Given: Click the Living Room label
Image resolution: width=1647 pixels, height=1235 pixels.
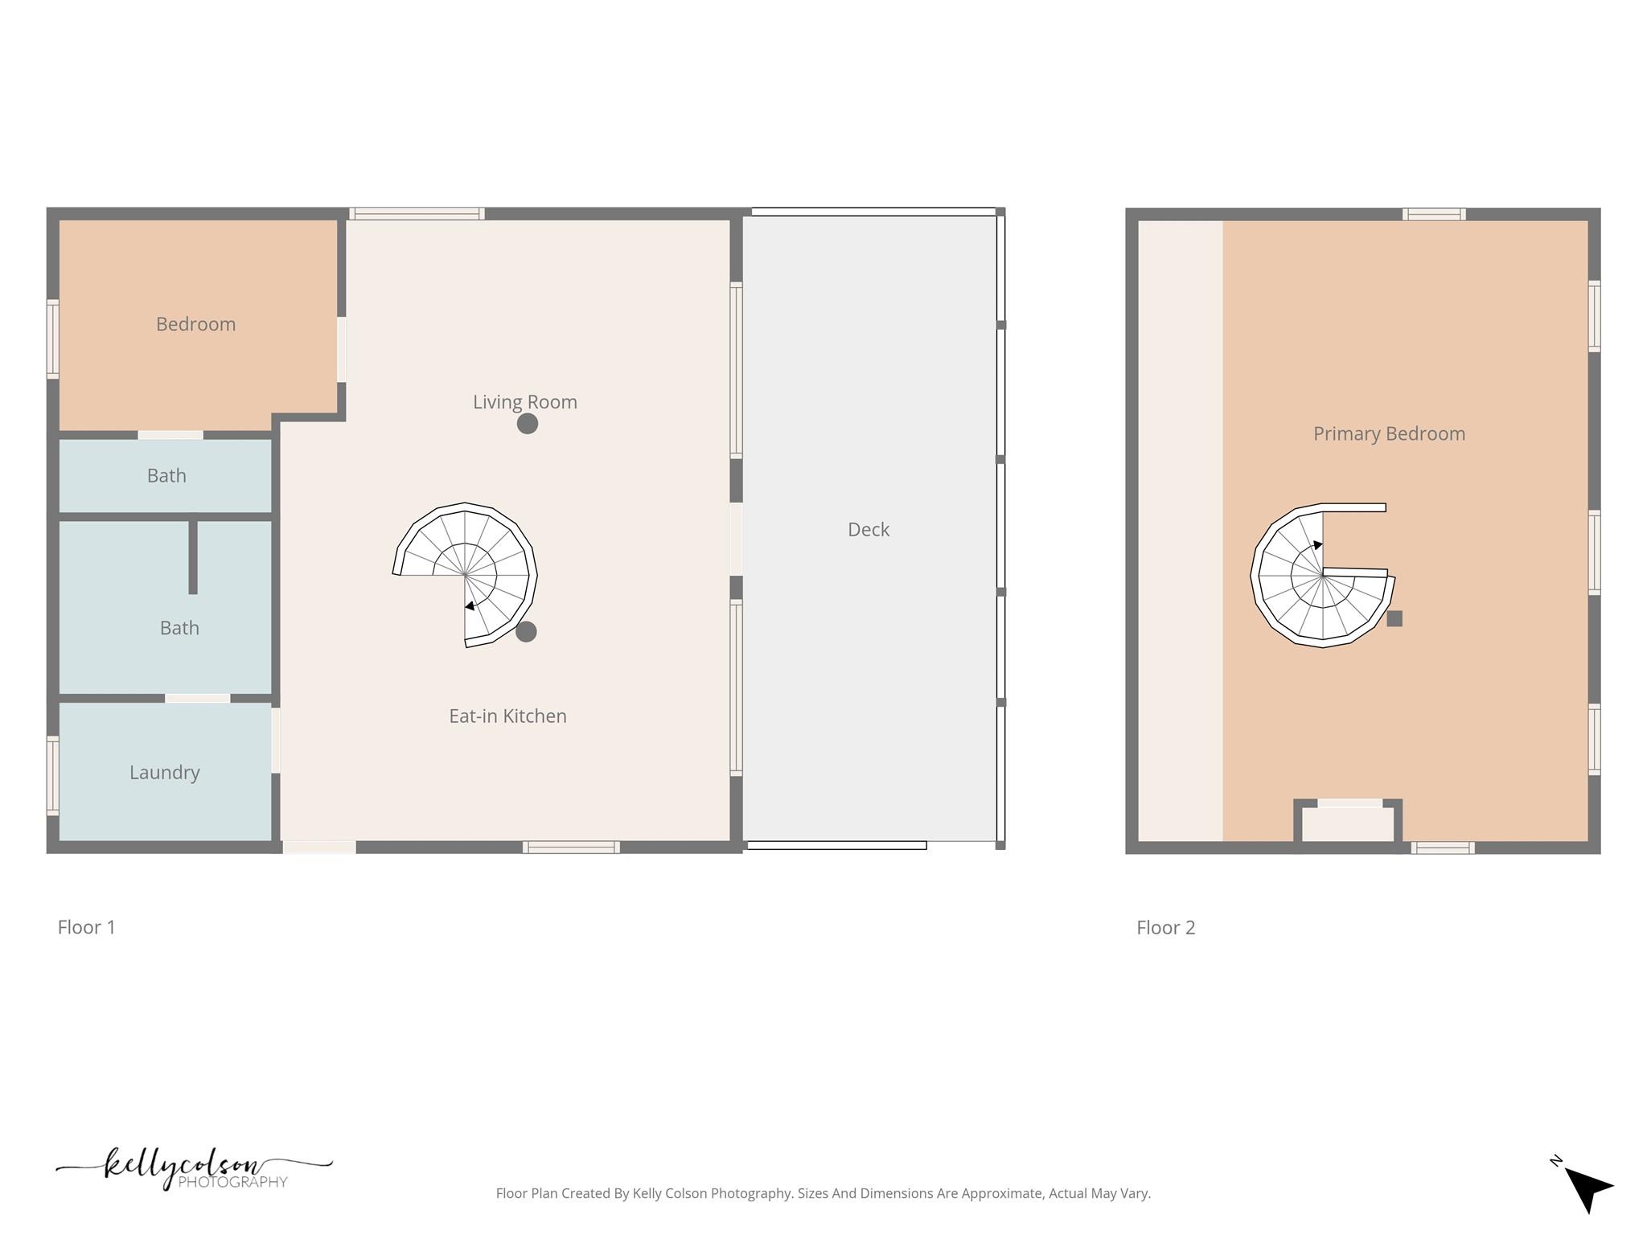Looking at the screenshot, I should [524, 402].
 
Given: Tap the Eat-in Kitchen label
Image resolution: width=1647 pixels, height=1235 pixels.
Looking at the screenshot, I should [507, 716].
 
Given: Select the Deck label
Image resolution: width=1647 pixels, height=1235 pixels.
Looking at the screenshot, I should [869, 529].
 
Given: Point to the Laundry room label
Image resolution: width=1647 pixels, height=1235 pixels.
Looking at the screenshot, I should [164, 772].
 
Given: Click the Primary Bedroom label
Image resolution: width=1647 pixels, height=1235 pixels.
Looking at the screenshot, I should [1389, 433].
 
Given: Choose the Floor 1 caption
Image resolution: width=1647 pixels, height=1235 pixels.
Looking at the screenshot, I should [86, 927].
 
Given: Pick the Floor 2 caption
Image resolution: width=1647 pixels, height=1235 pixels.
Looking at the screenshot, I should [1165, 927].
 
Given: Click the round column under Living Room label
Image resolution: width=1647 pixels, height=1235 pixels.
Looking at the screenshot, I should [527, 424].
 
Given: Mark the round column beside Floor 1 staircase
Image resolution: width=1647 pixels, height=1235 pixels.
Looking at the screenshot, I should [526, 632].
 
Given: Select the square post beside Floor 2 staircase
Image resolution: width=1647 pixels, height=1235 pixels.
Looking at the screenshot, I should [1394, 618].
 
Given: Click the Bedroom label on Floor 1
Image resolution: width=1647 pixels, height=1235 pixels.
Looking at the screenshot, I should [195, 324].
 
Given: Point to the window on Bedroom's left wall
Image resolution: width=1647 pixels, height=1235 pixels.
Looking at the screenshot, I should [53, 338].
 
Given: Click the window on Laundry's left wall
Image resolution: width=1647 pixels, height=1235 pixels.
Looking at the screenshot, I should [53, 775].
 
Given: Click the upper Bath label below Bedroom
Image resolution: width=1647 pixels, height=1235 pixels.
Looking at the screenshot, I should [166, 475].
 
